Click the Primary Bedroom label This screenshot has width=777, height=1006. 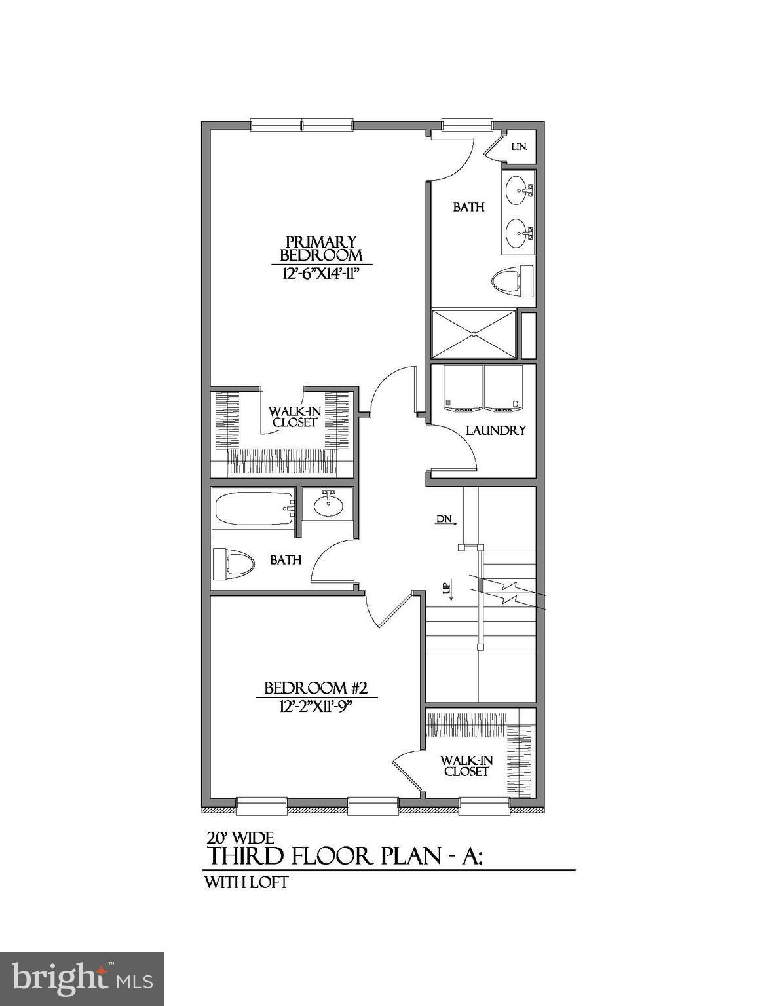click(x=321, y=248)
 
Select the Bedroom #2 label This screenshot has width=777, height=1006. click(x=316, y=688)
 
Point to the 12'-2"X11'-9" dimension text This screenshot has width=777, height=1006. click(x=316, y=707)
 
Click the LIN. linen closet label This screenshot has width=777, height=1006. click(x=520, y=147)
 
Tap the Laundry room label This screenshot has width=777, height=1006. click(x=495, y=430)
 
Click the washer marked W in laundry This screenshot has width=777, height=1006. click(x=463, y=388)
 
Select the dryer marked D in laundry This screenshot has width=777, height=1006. click(x=504, y=388)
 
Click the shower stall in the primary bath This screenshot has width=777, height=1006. click(x=474, y=335)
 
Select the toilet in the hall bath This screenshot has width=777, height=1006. click(x=233, y=563)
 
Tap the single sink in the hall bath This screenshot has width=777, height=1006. click(x=326, y=504)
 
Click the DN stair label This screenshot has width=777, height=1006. click(x=445, y=519)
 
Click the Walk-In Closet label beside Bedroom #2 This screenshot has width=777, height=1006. click(x=466, y=766)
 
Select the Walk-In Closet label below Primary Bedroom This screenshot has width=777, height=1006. click(x=294, y=417)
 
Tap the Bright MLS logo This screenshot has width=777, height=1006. click(x=81, y=978)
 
